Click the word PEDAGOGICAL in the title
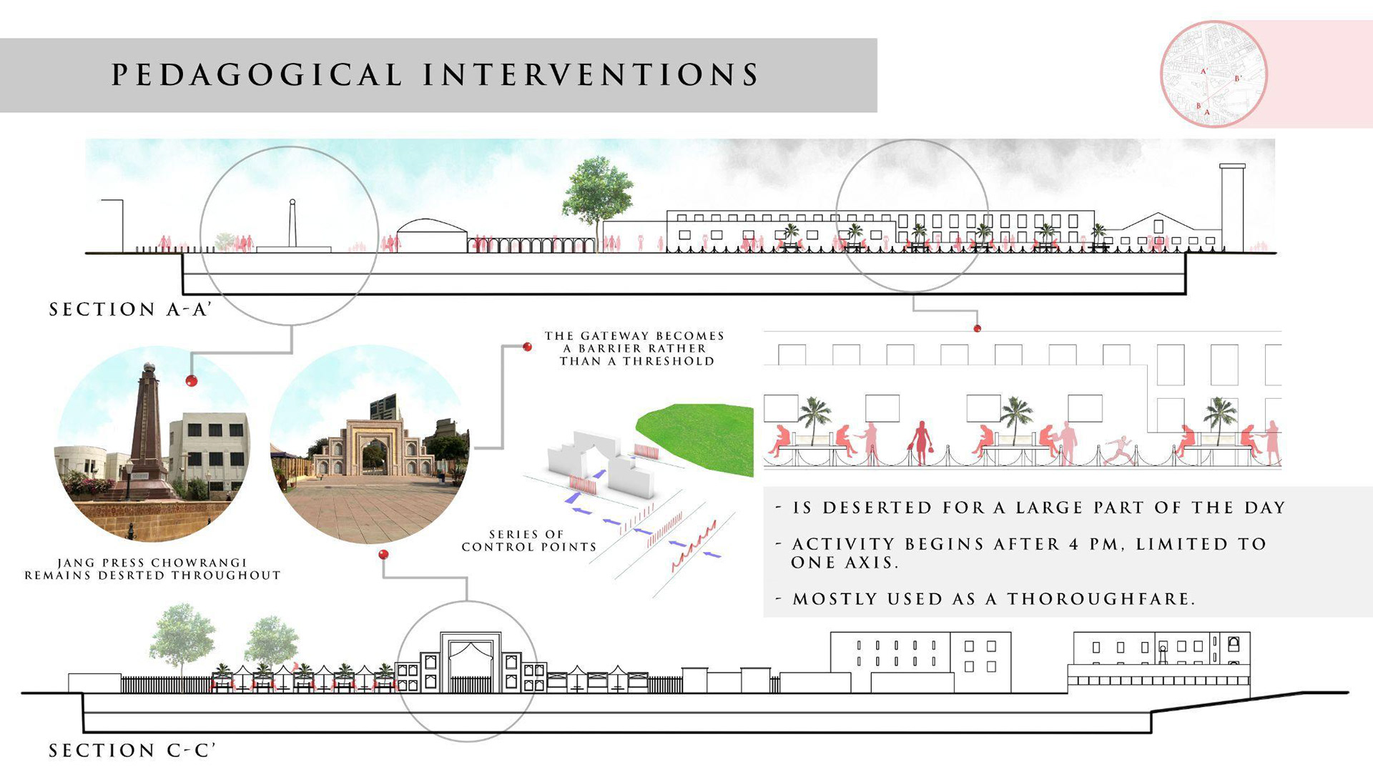coord(257,75)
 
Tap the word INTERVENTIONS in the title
coord(591,75)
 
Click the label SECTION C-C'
coord(132,751)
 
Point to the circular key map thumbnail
coord(1213,74)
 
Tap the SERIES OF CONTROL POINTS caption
coord(528,540)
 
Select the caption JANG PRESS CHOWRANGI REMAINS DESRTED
coord(152,569)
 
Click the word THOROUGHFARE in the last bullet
coord(1101,599)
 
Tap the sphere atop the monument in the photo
coord(149,368)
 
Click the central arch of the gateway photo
coord(371,453)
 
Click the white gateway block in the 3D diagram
coord(601,465)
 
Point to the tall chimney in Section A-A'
coord(1231,207)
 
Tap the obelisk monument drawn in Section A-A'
coord(292,224)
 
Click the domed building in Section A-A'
coord(431,236)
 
